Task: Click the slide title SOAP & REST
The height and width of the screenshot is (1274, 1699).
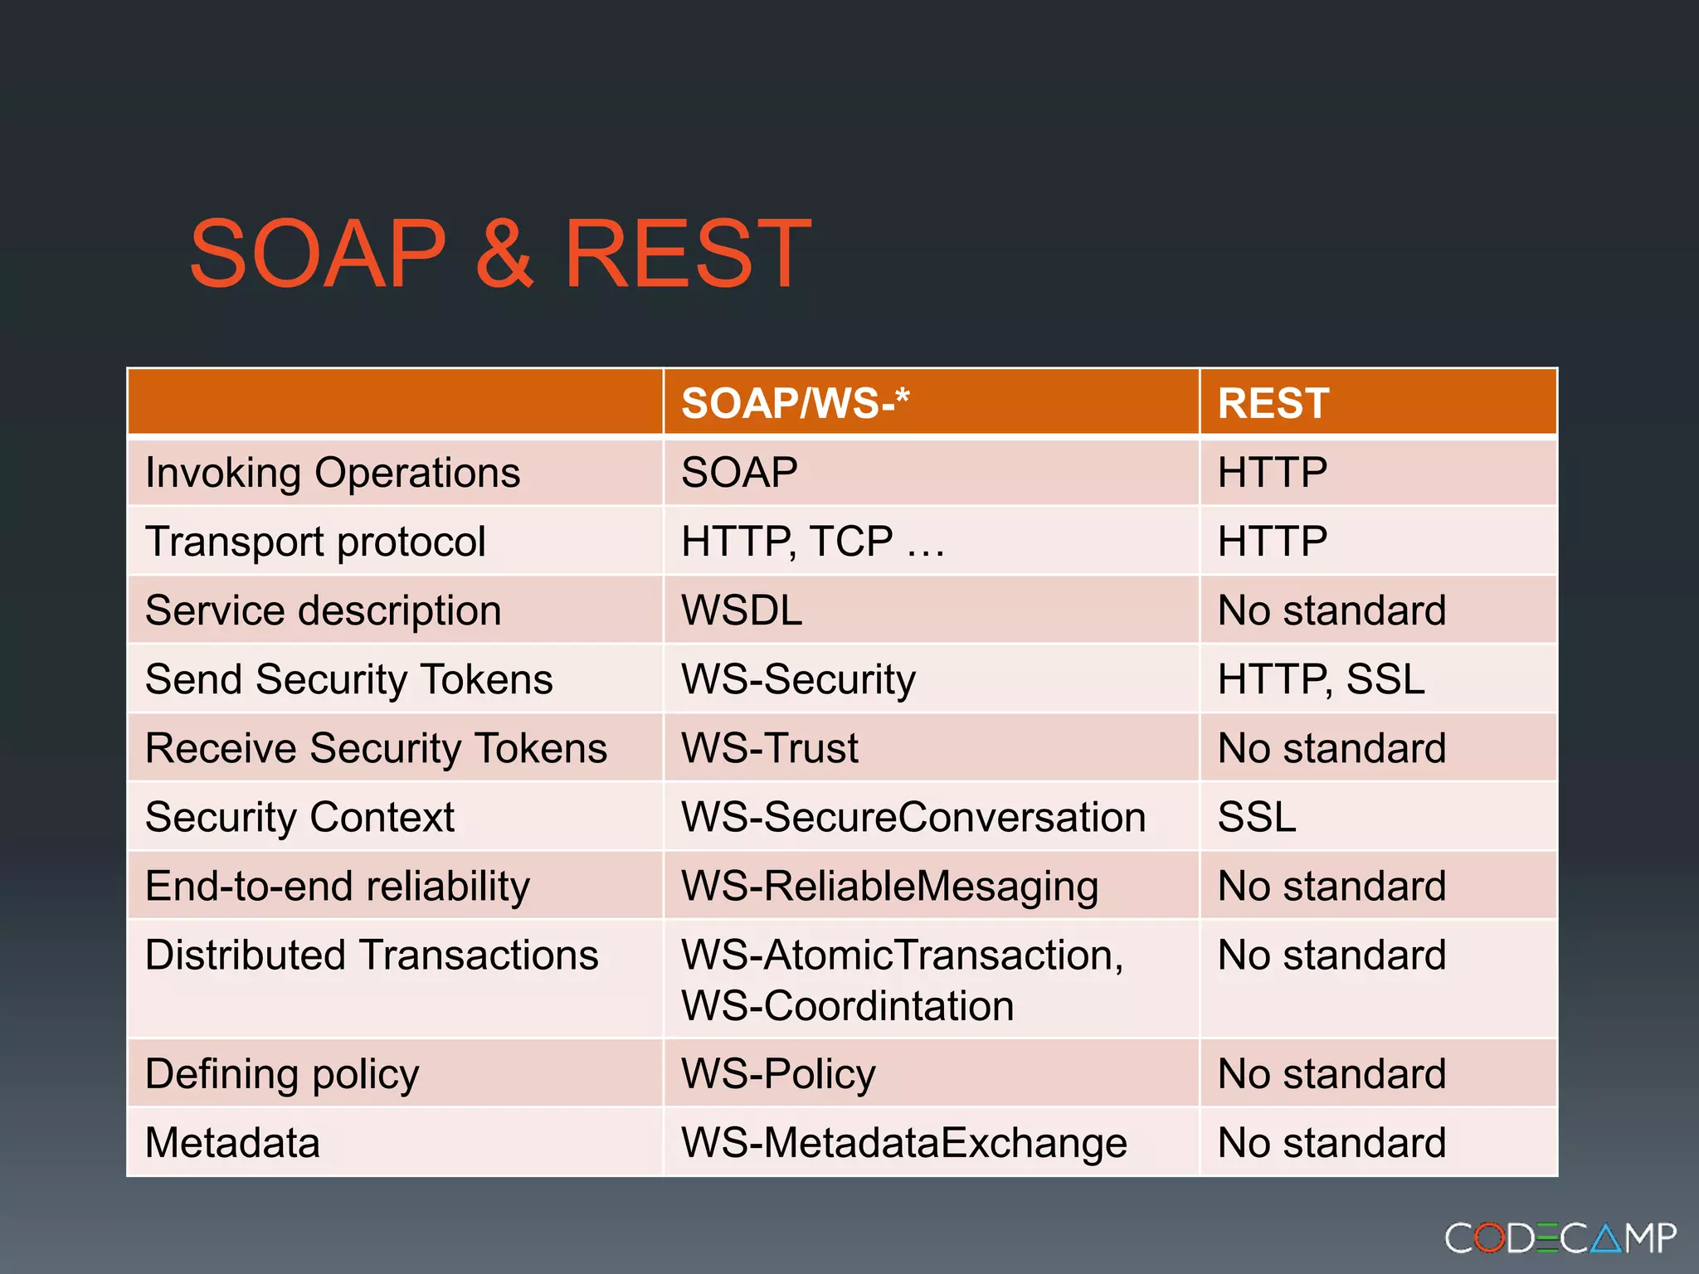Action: coord(500,254)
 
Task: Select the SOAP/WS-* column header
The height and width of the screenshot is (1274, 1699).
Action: coord(795,404)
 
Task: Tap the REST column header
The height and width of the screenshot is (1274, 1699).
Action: coord(1273,404)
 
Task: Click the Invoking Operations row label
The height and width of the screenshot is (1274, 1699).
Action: coord(333,474)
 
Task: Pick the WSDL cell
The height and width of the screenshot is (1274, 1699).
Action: coord(742,611)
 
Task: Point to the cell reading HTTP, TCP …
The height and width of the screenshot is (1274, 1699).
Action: coord(813,542)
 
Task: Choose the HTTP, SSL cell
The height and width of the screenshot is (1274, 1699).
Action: coord(1321,680)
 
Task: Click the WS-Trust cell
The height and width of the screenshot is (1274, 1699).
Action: coord(769,749)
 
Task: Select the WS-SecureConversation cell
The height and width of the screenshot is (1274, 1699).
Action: coord(913,818)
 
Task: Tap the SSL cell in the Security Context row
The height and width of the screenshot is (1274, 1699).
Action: coord(1256,818)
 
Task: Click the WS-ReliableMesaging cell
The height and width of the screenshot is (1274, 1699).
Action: coord(889,887)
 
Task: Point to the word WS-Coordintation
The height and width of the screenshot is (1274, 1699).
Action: coord(847,1007)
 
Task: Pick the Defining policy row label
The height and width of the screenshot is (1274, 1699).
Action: coord(282,1075)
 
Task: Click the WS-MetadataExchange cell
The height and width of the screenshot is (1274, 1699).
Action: coord(903,1144)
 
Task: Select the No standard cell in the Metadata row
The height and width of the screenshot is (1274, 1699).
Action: coord(1331,1144)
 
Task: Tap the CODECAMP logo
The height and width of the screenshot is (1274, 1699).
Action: coord(1560,1238)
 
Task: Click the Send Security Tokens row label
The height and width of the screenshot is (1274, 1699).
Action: coord(348,680)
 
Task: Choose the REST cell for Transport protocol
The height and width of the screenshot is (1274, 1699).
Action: coord(1273,542)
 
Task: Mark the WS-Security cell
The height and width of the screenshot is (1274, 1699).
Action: coord(798,680)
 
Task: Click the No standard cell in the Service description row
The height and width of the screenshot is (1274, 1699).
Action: coord(1331,611)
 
